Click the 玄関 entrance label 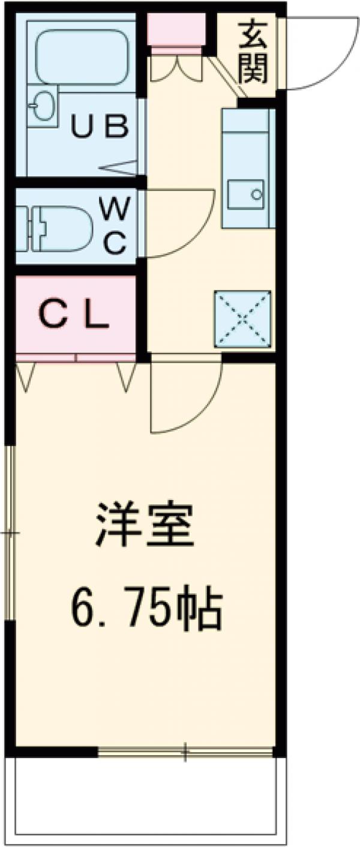click(251, 53)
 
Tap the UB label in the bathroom click(100, 127)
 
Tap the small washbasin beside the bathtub click(41, 107)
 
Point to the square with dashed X click(242, 319)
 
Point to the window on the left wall click(10, 532)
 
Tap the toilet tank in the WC click(22, 229)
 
